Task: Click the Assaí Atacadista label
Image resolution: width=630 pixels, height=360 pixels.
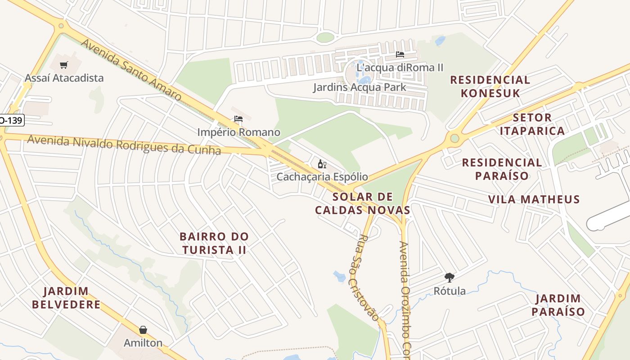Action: pyautogui.click(x=64, y=78)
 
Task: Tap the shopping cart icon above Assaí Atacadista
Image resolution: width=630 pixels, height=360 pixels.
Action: pyautogui.click(x=63, y=65)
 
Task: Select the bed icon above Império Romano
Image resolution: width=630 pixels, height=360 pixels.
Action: pyautogui.click(x=238, y=119)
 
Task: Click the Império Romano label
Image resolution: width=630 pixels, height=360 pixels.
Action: pyautogui.click(x=238, y=132)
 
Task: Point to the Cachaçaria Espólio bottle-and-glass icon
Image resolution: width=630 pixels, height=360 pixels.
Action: pyautogui.click(x=322, y=164)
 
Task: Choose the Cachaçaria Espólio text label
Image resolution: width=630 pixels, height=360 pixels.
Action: pyautogui.click(x=322, y=177)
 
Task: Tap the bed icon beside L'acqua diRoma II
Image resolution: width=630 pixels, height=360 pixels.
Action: pyautogui.click(x=400, y=54)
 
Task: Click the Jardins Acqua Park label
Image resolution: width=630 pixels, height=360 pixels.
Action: pyautogui.click(x=360, y=87)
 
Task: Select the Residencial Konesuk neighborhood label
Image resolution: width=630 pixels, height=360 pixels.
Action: pyautogui.click(x=490, y=86)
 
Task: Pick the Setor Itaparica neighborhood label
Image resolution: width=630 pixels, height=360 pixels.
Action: pyautogui.click(x=532, y=124)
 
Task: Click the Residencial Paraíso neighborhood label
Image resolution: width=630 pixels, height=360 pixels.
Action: pyautogui.click(x=502, y=169)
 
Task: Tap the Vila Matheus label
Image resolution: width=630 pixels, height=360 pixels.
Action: pyautogui.click(x=534, y=199)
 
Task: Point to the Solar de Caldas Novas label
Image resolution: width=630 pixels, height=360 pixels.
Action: pyautogui.click(x=363, y=203)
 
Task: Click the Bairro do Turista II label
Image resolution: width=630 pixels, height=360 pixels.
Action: pyautogui.click(x=214, y=243)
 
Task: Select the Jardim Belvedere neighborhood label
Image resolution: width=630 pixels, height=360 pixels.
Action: pyautogui.click(x=66, y=297)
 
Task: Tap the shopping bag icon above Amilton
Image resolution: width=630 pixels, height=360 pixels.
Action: pyautogui.click(x=143, y=330)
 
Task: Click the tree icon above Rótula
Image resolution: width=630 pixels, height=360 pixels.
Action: pyautogui.click(x=449, y=277)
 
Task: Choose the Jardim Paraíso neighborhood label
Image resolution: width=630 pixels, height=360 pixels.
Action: pyautogui.click(x=558, y=305)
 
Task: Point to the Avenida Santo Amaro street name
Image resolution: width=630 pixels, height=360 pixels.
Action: pyautogui.click(x=131, y=69)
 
